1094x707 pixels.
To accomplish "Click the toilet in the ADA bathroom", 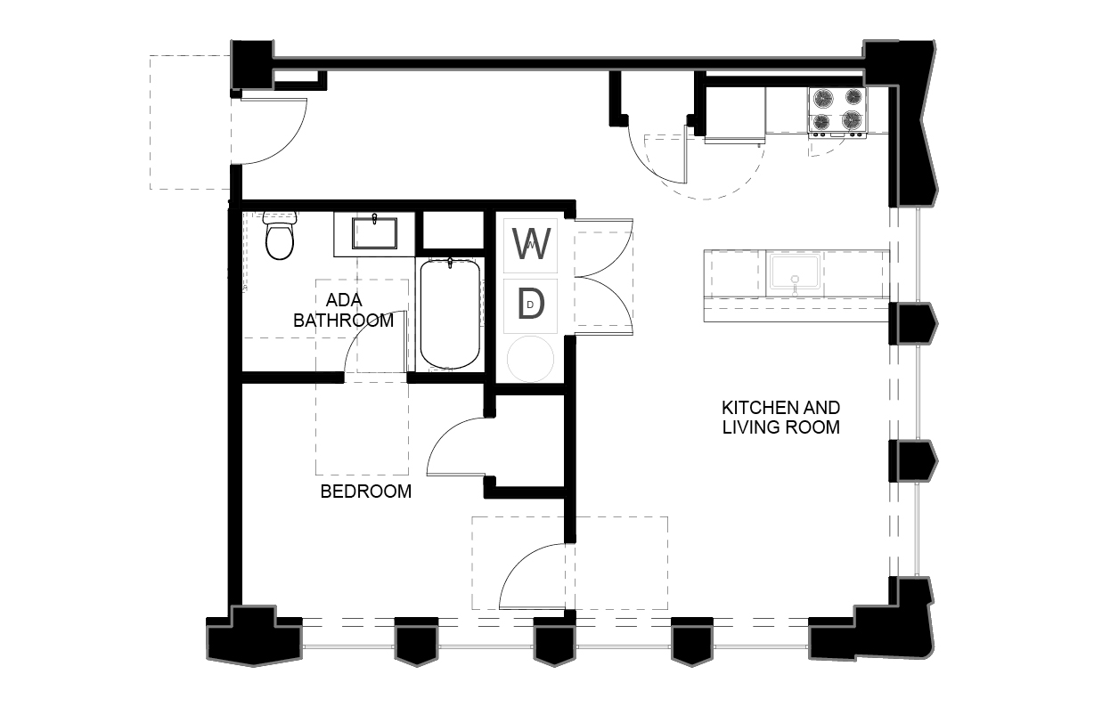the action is click(x=280, y=235).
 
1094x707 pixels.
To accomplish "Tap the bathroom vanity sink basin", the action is click(x=374, y=233).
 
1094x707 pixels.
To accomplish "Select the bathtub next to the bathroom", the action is click(x=450, y=314).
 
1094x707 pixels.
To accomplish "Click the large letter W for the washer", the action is click(x=531, y=244).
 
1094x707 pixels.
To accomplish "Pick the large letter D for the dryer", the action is click(x=531, y=305).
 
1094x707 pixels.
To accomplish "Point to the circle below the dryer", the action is click(x=530, y=359).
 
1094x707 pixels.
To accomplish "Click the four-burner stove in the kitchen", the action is click(x=837, y=112).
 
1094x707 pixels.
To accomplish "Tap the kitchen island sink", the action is click(x=795, y=272).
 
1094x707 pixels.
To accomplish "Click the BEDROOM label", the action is click(x=366, y=492).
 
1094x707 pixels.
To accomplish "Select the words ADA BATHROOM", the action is click(x=343, y=310).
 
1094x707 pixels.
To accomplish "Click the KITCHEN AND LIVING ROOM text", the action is click(x=781, y=418).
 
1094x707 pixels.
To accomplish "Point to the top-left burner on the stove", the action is click(x=823, y=98).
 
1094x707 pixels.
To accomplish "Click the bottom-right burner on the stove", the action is click(x=853, y=120).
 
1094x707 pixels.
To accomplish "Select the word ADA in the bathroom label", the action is click(x=344, y=300).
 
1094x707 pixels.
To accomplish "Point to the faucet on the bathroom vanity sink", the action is click(x=374, y=218).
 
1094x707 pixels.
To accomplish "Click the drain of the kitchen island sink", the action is click(x=795, y=280).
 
